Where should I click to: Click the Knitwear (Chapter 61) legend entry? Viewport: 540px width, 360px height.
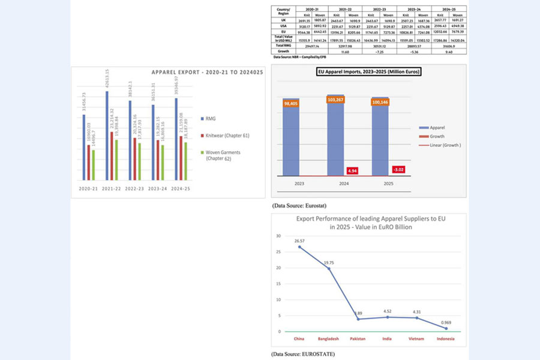pos(227,136)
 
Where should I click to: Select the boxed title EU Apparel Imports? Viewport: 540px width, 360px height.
pos(369,73)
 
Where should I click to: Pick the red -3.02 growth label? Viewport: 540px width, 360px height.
pos(398,169)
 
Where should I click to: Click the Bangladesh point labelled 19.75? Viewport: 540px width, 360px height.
pos(328,268)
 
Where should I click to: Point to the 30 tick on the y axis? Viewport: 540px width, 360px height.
pos(278,236)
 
